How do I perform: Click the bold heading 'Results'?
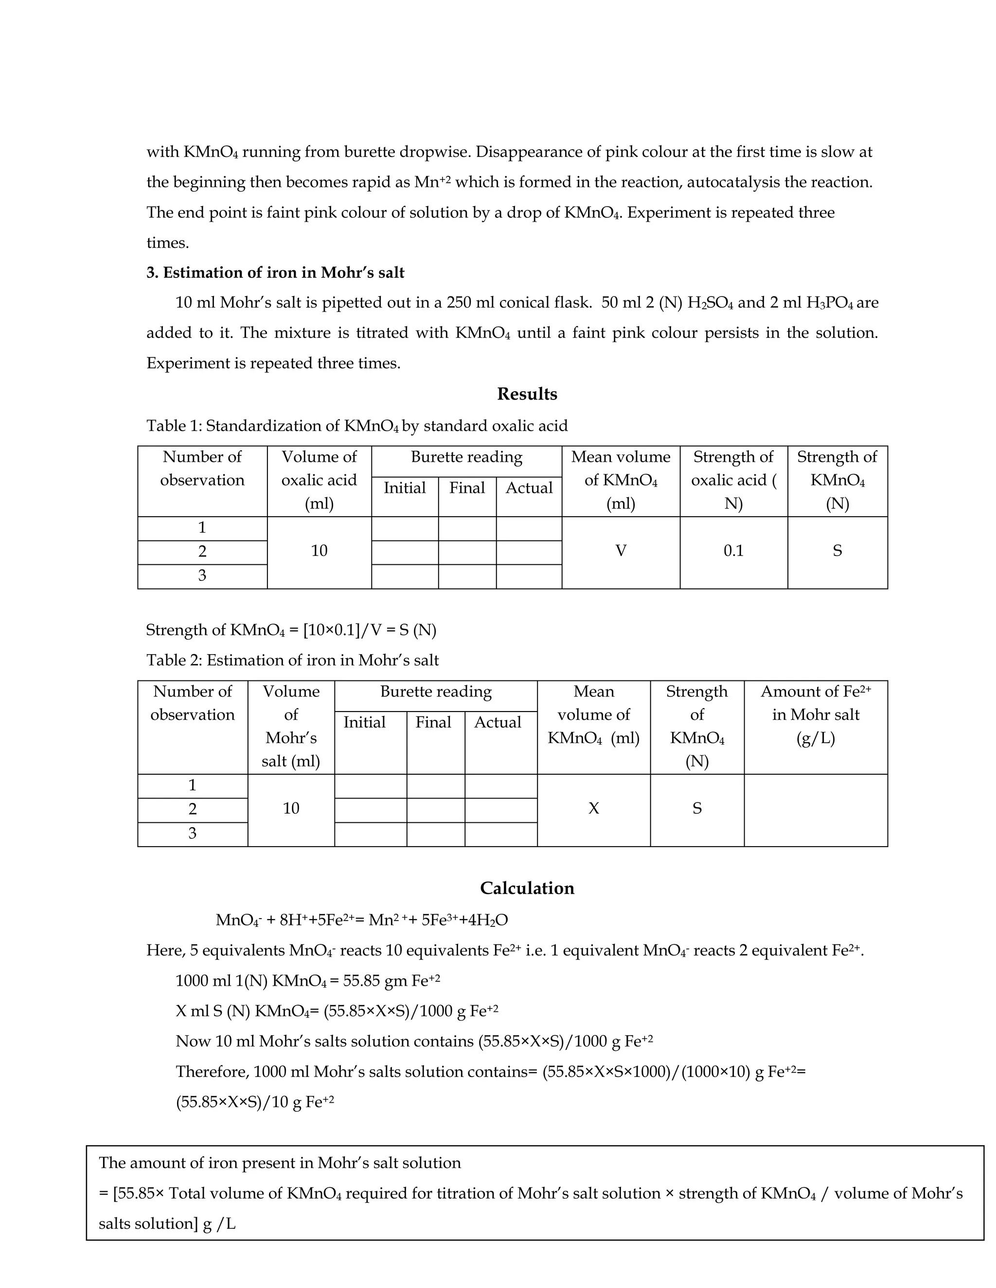point(526,394)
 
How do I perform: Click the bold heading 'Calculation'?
point(526,888)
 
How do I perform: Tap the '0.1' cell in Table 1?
point(733,551)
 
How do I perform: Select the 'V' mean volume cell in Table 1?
point(621,551)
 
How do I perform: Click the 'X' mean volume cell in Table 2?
point(594,809)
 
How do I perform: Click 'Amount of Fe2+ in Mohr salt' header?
point(816,715)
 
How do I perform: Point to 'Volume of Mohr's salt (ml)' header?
point(291,727)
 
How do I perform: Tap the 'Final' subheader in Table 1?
point(467,488)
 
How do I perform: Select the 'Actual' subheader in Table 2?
point(498,722)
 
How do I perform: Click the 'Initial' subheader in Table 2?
point(365,722)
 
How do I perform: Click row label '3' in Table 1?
point(202,575)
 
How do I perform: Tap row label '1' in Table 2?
point(193,785)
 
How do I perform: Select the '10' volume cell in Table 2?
point(291,809)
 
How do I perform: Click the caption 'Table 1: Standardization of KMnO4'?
point(356,426)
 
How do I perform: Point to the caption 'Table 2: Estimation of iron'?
point(292,660)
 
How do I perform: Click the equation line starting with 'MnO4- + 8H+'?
point(361,920)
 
